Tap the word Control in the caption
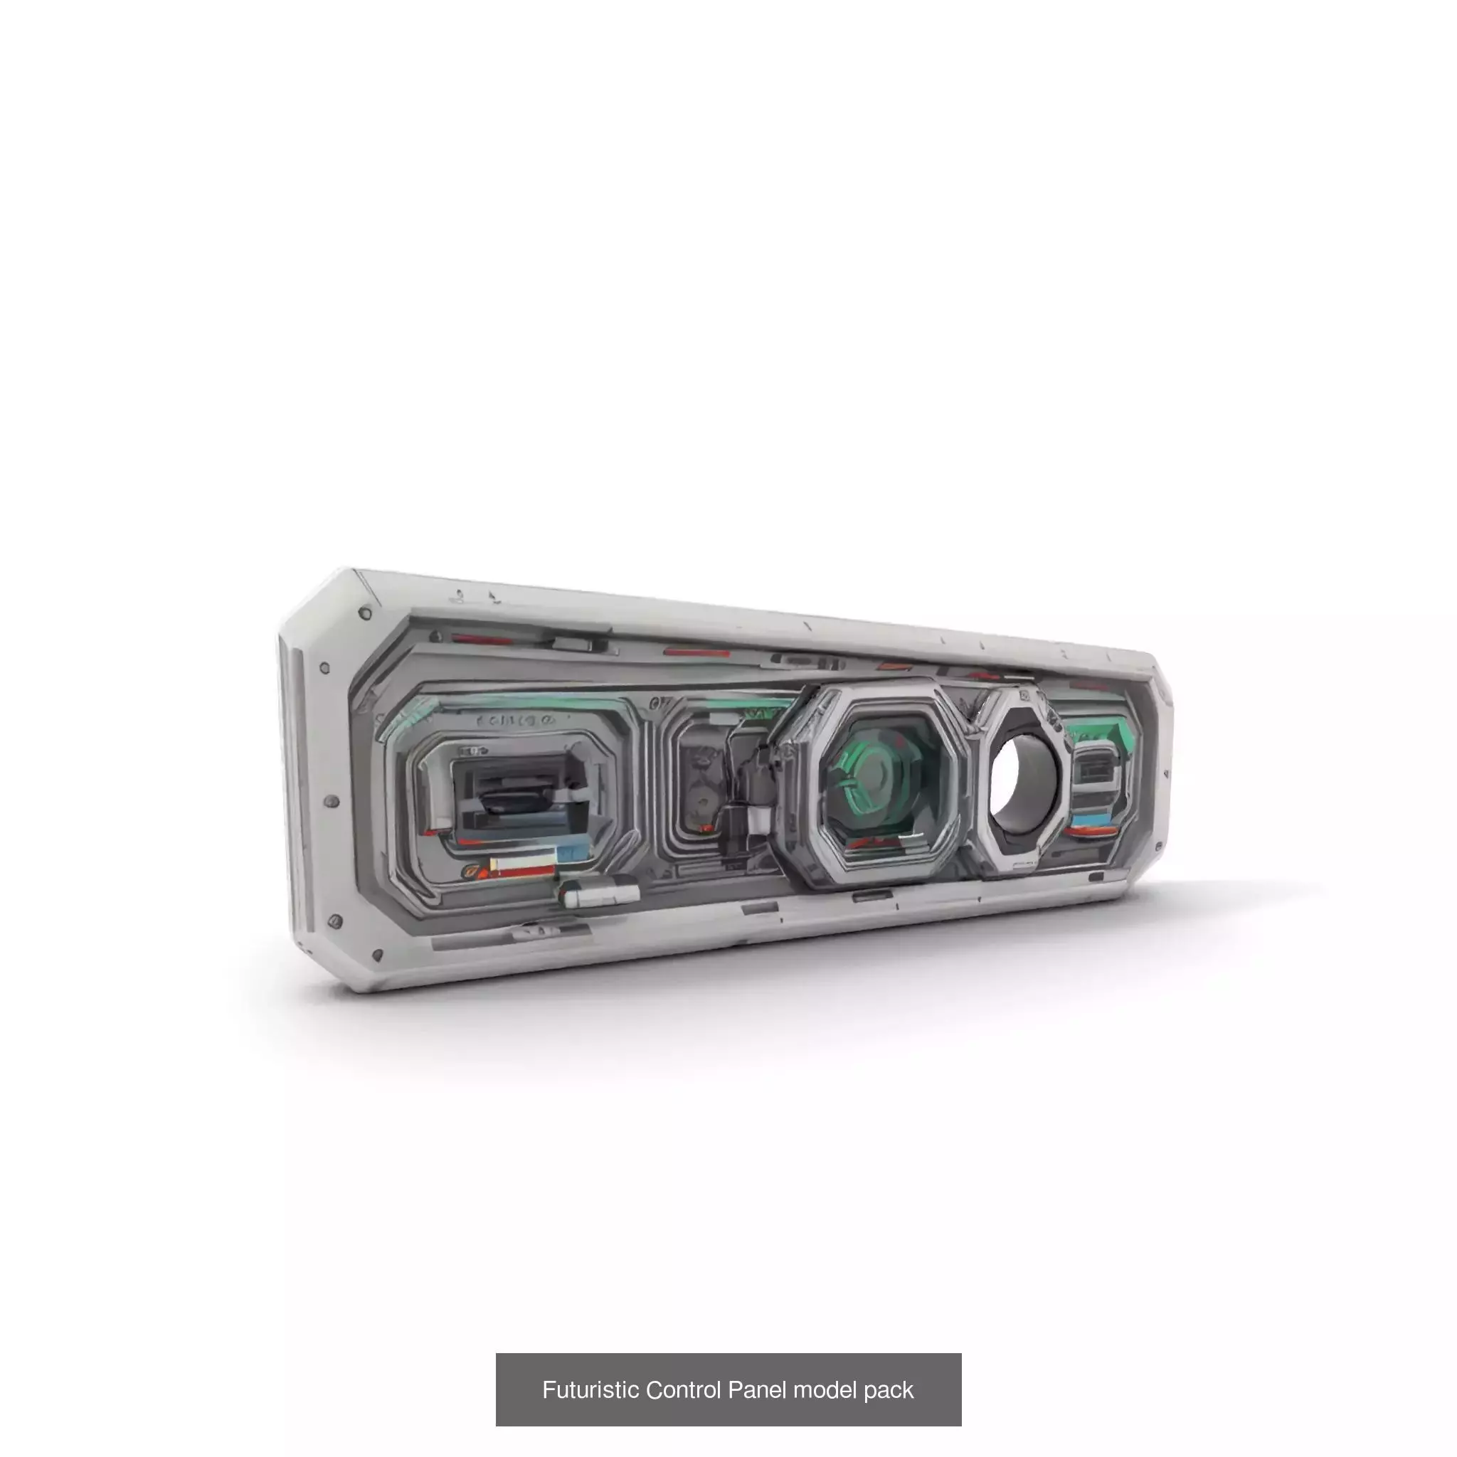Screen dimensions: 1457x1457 click(684, 1390)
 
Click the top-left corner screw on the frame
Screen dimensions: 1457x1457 click(365, 613)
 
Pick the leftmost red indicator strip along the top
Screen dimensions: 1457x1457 click(482, 640)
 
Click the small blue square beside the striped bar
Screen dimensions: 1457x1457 click(567, 852)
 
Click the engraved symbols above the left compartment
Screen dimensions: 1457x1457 click(516, 721)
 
